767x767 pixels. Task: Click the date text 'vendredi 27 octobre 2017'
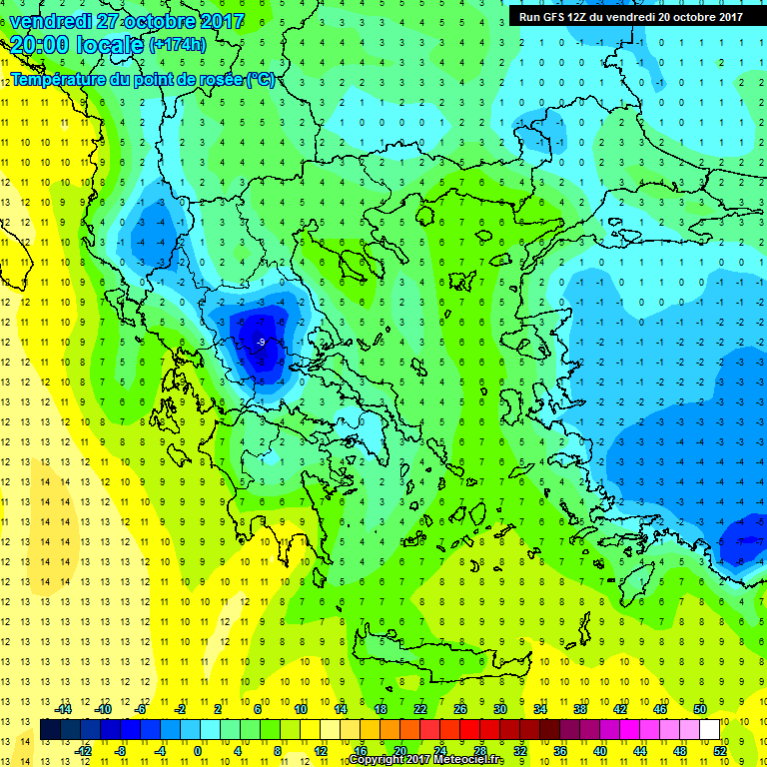(x=126, y=21)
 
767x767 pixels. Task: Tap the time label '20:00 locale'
(x=76, y=45)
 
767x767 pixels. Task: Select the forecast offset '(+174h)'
(x=179, y=46)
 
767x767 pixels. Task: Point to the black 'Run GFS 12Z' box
(x=630, y=16)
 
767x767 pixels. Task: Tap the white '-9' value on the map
(x=261, y=343)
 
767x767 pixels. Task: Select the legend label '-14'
(x=65, y=708)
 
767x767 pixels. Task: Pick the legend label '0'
(x=199, y=750)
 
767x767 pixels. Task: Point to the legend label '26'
(x=460, y=708)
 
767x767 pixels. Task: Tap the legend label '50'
(x=700, y=708)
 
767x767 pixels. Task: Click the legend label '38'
(x=580, y=708)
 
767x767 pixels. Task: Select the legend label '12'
(x=321, y=750)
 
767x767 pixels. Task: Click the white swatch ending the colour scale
(x=710, y=729)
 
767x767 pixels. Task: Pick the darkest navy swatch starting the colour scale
(x=50, y=729)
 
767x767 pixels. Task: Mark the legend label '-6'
(x=141, y=708)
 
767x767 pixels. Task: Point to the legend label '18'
(x=381, y=708)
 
